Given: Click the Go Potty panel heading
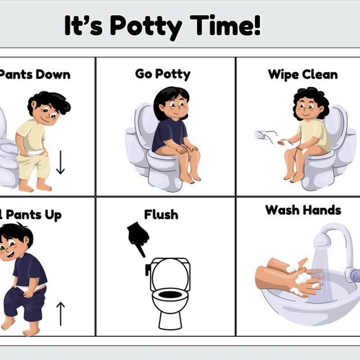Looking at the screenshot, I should click(162, 74).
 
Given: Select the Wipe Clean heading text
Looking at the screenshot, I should click(302, 74).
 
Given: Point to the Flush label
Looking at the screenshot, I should click(161, 215).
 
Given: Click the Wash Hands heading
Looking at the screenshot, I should click(303, 210).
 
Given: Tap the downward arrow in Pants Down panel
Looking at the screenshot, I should click(61, 163).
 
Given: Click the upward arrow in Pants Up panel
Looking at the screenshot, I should click(61, 313).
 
